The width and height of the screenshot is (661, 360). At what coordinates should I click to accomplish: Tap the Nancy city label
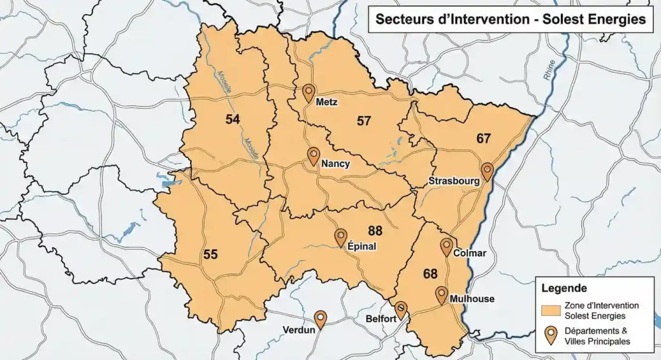(335, 164)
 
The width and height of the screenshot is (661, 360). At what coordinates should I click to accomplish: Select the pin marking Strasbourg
(487, 172)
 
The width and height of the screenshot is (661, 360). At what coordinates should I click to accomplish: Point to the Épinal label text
(362, 246)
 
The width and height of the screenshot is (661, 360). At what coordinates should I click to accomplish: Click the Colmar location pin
(447, 247)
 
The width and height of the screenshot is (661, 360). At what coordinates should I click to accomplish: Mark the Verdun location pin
(320, 319)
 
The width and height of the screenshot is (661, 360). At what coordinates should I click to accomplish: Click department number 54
(232, 119)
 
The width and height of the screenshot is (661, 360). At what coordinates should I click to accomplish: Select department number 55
(210, 254)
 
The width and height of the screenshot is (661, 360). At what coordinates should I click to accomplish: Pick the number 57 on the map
(364, 121)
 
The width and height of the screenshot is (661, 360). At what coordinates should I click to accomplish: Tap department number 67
(483, 138)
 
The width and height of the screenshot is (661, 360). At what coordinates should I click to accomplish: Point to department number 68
(431, 274)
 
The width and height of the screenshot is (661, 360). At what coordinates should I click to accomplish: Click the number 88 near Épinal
(375, 231)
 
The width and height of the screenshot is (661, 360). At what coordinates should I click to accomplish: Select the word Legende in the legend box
(564, 288)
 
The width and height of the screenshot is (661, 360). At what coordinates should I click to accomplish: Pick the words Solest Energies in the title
(597, 19)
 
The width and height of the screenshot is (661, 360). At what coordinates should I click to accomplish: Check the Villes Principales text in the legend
(597, 341)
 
